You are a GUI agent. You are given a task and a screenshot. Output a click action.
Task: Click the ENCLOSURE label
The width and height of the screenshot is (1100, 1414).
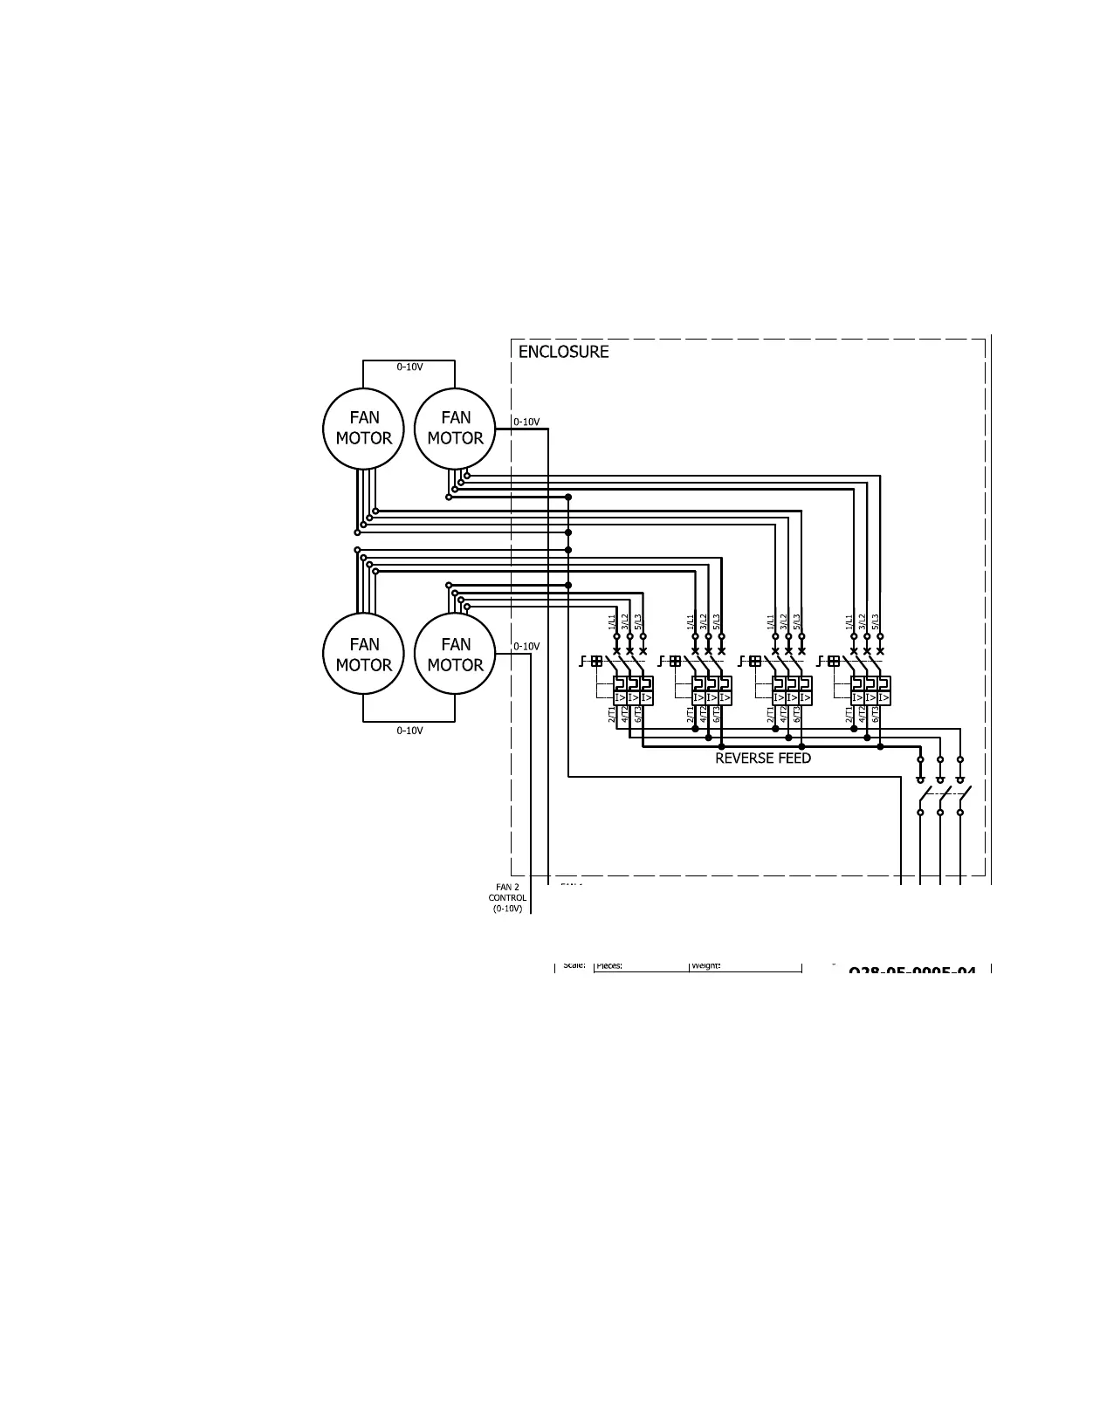tap(563, 352)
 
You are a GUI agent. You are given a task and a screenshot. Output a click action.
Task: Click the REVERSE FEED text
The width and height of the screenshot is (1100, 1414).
tap(763, 758)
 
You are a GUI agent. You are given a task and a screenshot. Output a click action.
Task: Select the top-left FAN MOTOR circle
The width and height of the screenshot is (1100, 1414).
tap(364, 429)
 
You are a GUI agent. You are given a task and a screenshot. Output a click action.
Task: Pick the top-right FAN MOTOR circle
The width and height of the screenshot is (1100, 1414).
tap(455, 429)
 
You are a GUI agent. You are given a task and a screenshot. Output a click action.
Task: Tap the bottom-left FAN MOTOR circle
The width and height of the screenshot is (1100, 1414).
tap(364, 655)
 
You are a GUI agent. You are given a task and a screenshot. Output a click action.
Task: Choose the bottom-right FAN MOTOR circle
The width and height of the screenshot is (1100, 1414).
tap(455, 655)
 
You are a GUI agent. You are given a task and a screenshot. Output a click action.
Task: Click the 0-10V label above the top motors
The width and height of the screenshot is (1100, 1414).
tap(409, 367)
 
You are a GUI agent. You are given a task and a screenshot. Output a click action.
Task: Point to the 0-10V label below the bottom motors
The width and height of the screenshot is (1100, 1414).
tap(409, 731)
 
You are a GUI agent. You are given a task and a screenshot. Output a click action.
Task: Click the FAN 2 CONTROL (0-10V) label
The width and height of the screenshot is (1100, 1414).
tap(507, 897)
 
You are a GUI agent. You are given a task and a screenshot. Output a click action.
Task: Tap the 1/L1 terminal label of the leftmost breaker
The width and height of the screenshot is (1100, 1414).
tap(613, 621)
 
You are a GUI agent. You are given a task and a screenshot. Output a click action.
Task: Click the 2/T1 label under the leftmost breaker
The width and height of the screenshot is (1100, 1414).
tap(612, 715)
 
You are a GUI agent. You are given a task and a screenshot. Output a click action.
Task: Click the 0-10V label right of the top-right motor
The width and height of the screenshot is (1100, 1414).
tap(526, 422)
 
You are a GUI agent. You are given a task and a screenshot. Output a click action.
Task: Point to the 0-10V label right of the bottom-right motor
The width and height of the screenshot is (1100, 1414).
tap(526, 647)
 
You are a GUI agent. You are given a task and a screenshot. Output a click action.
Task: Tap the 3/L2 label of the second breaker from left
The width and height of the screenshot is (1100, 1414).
tap(705, 621)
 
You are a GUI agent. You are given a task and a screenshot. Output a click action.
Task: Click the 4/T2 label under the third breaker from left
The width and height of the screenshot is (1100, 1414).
tap(784, 715)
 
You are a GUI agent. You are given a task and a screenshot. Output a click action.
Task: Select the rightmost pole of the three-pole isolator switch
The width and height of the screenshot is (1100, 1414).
tap(960, 795)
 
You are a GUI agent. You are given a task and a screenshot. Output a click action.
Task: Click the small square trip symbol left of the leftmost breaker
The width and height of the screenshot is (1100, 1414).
tap(596, 662)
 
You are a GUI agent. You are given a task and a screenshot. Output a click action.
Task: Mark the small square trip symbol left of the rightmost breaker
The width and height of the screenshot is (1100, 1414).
tap(834, 662)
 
